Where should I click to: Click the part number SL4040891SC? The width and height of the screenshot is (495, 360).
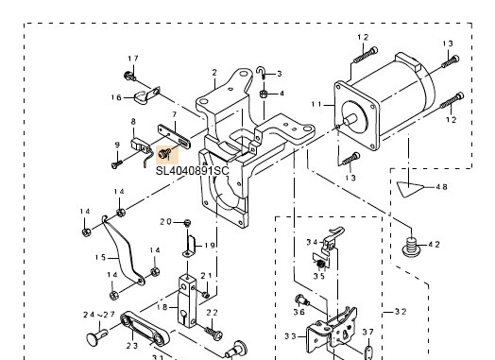192,170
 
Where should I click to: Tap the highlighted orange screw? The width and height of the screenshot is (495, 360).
164,153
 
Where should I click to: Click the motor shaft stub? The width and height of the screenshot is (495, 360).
350,120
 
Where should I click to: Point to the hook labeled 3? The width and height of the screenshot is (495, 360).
261,73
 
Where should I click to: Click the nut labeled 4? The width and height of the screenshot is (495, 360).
264,94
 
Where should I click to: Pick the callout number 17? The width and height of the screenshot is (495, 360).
133,59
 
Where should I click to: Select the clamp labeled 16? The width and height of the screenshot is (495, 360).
145,95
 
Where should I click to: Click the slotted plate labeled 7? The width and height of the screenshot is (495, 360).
174,137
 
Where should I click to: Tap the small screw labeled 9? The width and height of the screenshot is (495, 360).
116,163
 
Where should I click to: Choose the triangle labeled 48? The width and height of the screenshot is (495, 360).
409,189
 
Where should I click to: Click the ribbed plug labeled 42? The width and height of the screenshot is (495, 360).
411,247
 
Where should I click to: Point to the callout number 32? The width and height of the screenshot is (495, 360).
401,312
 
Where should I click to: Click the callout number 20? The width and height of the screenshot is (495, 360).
165,222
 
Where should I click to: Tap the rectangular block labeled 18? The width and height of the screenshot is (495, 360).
188,301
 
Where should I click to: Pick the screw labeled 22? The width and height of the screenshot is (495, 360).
214,334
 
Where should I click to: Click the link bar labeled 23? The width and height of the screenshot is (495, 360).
145,329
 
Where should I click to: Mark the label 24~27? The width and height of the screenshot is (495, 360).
99,315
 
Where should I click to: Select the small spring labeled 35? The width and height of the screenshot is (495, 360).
320,265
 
